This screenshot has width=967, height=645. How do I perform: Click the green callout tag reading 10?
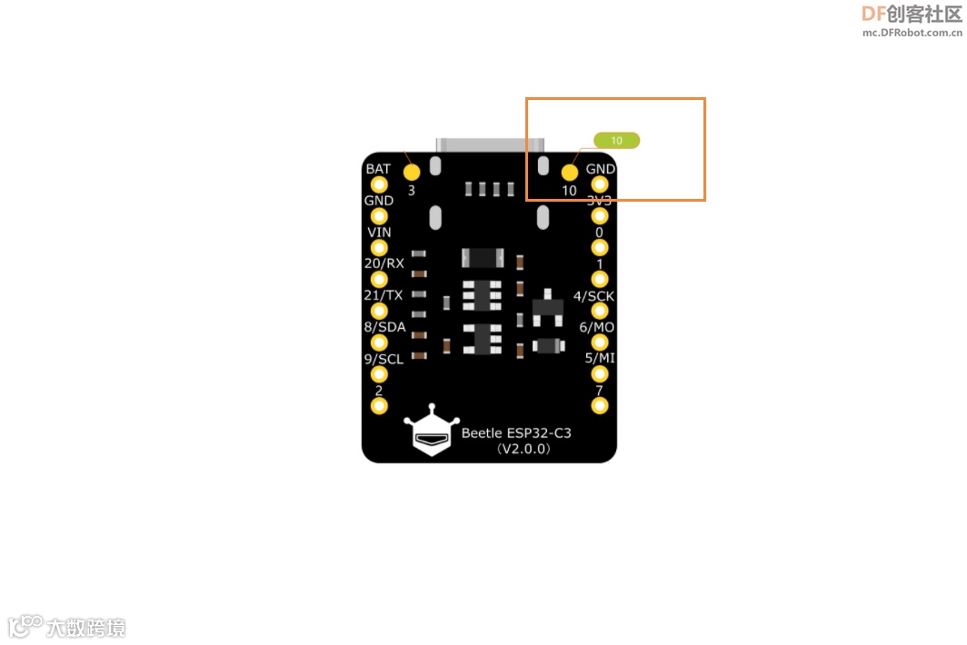(617, 141)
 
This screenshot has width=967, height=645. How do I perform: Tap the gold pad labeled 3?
(412, 172)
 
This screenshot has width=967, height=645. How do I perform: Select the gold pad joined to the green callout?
(570, 173)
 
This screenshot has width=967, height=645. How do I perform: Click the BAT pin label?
(378, 169)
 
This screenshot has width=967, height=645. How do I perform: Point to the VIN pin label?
(379, 232)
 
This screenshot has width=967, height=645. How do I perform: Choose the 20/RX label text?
(384, 263)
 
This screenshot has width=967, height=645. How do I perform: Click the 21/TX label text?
(384, 295)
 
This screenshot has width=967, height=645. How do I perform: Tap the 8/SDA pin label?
(384, 327)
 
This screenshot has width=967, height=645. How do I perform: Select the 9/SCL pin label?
(384, 359)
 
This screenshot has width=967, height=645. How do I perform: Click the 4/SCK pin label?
(594, 296)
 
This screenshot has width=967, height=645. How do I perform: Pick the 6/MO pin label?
(597, 327)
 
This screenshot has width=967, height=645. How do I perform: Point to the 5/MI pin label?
(600, 358)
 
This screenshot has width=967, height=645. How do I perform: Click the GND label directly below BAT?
(379, 201)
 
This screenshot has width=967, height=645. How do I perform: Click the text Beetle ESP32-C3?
(516, 433)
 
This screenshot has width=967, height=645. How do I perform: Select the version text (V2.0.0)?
(523, 449)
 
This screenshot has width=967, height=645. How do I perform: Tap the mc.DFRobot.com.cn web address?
(912, 33)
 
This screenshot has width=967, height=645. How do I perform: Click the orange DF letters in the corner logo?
(873, 14)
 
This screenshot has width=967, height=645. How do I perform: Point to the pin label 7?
(599, 391)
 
